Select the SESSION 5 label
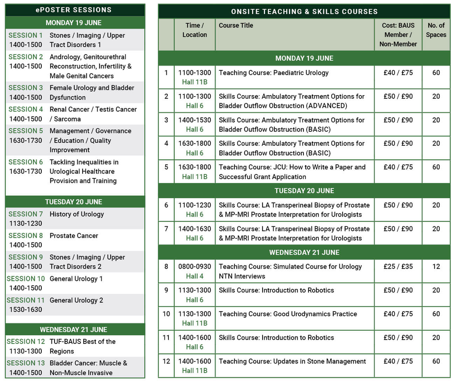coord(26,131)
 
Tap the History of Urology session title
coord(77,214)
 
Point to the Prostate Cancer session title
coord(74,236)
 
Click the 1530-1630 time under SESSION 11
coord(26,310)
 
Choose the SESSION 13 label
coord(26,363)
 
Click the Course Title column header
coord(236,26)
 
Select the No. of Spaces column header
coord(436,30)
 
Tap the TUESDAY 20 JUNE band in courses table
coord(304,191)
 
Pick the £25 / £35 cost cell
coord(398,267)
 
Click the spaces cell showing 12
coord(436,267)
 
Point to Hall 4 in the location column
coord(195,276)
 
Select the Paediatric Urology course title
coord(274,73)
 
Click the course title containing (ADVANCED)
coord(292,101)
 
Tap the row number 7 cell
coord(166,229)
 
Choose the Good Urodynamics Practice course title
coord(288,314)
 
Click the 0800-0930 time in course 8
coord(195,267)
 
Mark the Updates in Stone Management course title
coord(292,361)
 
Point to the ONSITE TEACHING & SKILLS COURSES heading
coord(304,12)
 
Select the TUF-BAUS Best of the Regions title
coord(83,346)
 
